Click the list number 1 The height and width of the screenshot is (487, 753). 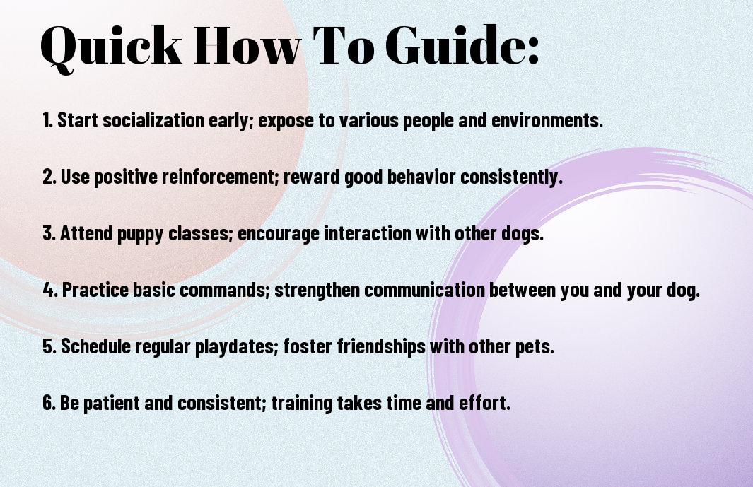47,120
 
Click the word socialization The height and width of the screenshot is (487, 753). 153,120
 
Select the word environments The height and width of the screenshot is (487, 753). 547,120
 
